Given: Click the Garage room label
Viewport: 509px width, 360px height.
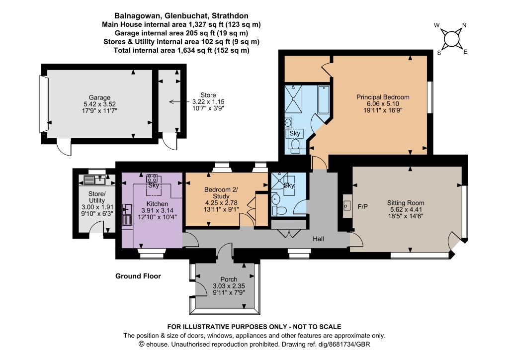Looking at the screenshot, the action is [x=99, y=97].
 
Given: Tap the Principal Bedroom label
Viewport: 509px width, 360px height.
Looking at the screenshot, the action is [x=383, y=97].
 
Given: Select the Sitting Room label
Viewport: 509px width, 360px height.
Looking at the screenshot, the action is [x=406, y=203].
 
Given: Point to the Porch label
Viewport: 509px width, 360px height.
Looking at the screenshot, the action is [x=229, y=279].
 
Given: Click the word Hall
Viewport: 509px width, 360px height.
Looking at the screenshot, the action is [x=318, y=239].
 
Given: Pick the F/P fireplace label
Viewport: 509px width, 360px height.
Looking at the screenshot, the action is [x=362, y=206].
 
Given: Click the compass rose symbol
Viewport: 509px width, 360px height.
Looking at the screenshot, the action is [x=451, y=39].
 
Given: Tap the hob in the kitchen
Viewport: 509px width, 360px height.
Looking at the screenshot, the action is [x=152, y=178].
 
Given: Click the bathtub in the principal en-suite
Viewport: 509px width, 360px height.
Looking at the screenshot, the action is [x=324, y=99].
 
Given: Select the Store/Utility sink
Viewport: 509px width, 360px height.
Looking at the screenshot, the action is [x=94, y=180].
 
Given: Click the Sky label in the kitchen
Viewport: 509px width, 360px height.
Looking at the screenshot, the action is [x=154, y=185].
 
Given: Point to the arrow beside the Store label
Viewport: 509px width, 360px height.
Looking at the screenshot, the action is [x=177, y=102].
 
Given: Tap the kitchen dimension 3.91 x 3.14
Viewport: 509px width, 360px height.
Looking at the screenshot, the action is [x=158, y=210].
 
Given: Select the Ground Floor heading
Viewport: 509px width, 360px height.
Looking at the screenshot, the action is [x=138, y=276].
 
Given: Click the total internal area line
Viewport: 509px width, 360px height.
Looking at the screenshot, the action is [x=181, y=50].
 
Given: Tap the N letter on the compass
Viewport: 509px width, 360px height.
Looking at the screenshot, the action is [x=464, y=25].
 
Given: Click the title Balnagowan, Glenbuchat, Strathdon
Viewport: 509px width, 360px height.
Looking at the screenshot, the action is [x=181, y=15].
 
